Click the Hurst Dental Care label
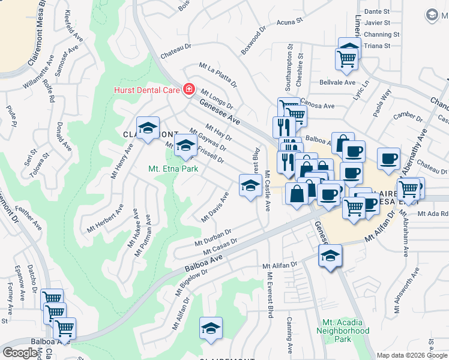[147, 90]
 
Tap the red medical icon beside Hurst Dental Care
[188, 89]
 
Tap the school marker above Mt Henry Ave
[148, 128]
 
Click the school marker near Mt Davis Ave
[250, 185]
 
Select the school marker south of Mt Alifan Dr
[330, 256]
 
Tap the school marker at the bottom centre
[211, 328]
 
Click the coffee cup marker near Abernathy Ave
[389, 159]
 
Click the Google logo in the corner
[20, 353]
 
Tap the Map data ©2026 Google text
[412, 355]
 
